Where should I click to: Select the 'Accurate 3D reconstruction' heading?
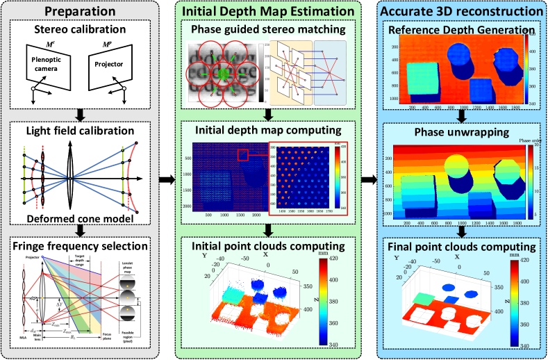pyautogui.click(x=462, y=12)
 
